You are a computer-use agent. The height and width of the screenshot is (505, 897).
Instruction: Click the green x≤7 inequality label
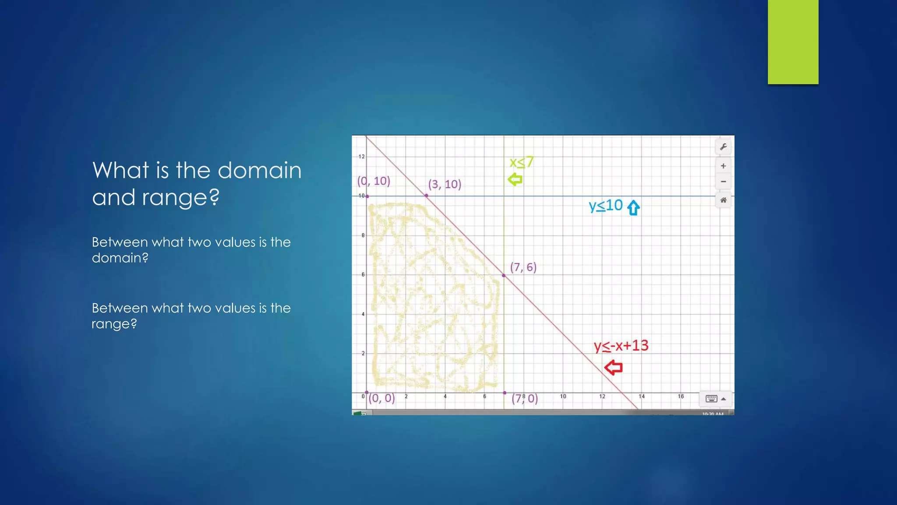click(x=521, y=163)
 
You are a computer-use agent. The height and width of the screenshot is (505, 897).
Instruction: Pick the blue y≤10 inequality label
click(x=605, y=206)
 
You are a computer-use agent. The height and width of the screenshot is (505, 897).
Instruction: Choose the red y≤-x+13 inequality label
click(x=621, y=346)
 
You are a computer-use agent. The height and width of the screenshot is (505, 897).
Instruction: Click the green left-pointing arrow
click(x=515, y=179)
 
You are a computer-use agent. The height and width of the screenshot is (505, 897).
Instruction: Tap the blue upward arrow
click(x=633, y=208)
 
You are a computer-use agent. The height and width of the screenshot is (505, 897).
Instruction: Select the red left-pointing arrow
click(x=614, y=367)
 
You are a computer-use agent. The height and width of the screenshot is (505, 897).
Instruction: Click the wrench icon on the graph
click(x=723, y=147)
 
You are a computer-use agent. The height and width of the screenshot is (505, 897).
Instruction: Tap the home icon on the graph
click(x=723, y=200)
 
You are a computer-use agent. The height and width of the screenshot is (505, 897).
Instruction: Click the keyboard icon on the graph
click(x=711, y=398)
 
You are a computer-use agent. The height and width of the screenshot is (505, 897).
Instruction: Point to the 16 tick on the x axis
click(x=681, y=396)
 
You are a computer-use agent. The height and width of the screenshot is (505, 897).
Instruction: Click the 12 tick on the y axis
click(x=361, y=156)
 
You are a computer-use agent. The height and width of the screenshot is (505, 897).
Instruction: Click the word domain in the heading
click(x=259, y=170)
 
